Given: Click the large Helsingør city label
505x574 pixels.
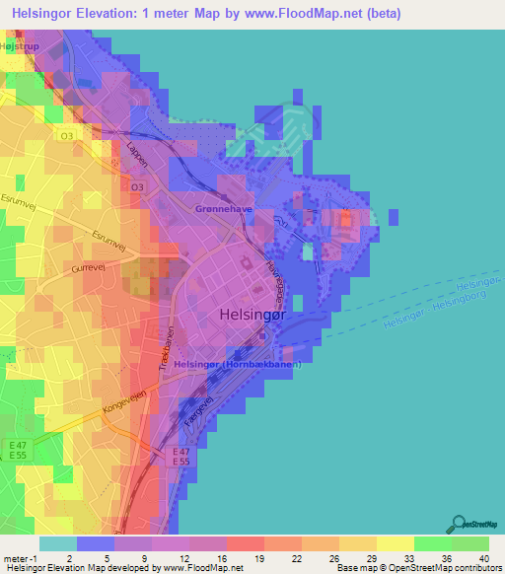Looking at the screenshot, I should [247, 318].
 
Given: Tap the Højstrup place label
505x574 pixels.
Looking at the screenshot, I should [20, 45].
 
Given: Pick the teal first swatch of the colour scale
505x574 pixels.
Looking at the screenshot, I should [57, 542].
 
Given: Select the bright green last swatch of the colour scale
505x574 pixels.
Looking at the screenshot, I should [470, 542].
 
